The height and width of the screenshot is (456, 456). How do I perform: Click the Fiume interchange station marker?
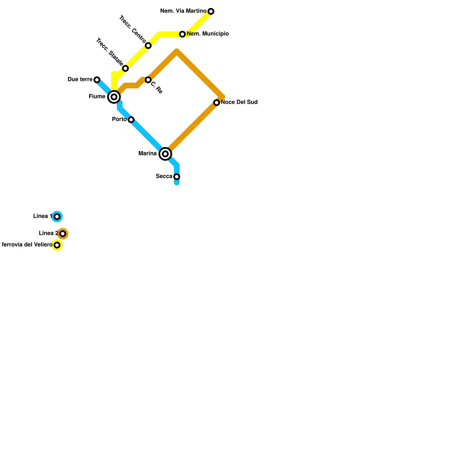tap(114, 97)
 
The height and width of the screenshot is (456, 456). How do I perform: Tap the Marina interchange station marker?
tap(165, 154)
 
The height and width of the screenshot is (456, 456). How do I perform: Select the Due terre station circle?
tap(97, 80)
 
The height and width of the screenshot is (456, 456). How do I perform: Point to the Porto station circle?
tap(131, 120)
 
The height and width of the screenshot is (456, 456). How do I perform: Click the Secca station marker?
tap(177, 177)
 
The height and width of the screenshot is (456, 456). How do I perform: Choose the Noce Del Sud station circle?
tap(217, 103)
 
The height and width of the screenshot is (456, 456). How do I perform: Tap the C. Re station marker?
tap(148, 80)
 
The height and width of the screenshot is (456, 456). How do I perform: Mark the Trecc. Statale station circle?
tap(125, 68)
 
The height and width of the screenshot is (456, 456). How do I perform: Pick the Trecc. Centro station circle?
tap(148, 46)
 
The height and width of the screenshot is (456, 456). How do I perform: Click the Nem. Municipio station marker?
tap(182, 34)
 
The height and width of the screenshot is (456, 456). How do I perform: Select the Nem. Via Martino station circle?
tap(211, 11)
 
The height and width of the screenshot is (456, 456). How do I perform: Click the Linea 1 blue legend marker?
tap(57, 217)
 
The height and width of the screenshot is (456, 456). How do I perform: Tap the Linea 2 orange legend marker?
tap(63, 234)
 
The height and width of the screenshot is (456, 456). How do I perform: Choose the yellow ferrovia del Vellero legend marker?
tap(57, 245)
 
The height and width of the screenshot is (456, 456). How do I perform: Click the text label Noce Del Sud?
tap(239, 102)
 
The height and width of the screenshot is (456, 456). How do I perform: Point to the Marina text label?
tap(147, 154)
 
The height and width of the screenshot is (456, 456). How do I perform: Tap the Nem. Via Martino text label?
tap(183, 11)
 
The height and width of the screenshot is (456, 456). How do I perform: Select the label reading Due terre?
tap(80, 80)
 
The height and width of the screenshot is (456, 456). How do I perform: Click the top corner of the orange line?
tap(177, 51)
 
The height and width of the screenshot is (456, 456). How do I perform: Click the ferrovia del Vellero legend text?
tap(27, 245)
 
